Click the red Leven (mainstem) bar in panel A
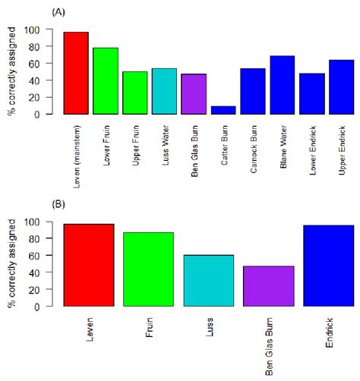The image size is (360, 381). [x=76, y=73]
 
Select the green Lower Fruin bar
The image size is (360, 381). [x=106, y=81]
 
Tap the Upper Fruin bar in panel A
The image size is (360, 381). [x=135, y=93]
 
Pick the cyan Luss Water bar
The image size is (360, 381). [x=164, y=91]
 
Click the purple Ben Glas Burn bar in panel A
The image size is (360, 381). [x=194, y=94]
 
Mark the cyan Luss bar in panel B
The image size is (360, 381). [x=209, y=281]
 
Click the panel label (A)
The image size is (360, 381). [x=57, y=13]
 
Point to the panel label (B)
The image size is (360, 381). [x=57, y=205]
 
